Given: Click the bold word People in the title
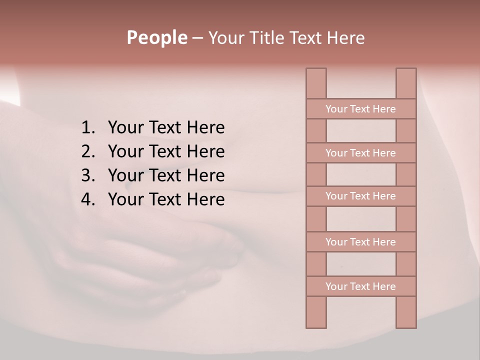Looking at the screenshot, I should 156,38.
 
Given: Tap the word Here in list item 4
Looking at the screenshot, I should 205,199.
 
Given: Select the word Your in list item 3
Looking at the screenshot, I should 125,175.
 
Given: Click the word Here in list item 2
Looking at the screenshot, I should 205,151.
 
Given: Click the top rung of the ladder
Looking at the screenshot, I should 360,109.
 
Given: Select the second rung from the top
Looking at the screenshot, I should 360,153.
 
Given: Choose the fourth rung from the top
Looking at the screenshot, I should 360,242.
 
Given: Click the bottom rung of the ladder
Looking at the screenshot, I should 360,286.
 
